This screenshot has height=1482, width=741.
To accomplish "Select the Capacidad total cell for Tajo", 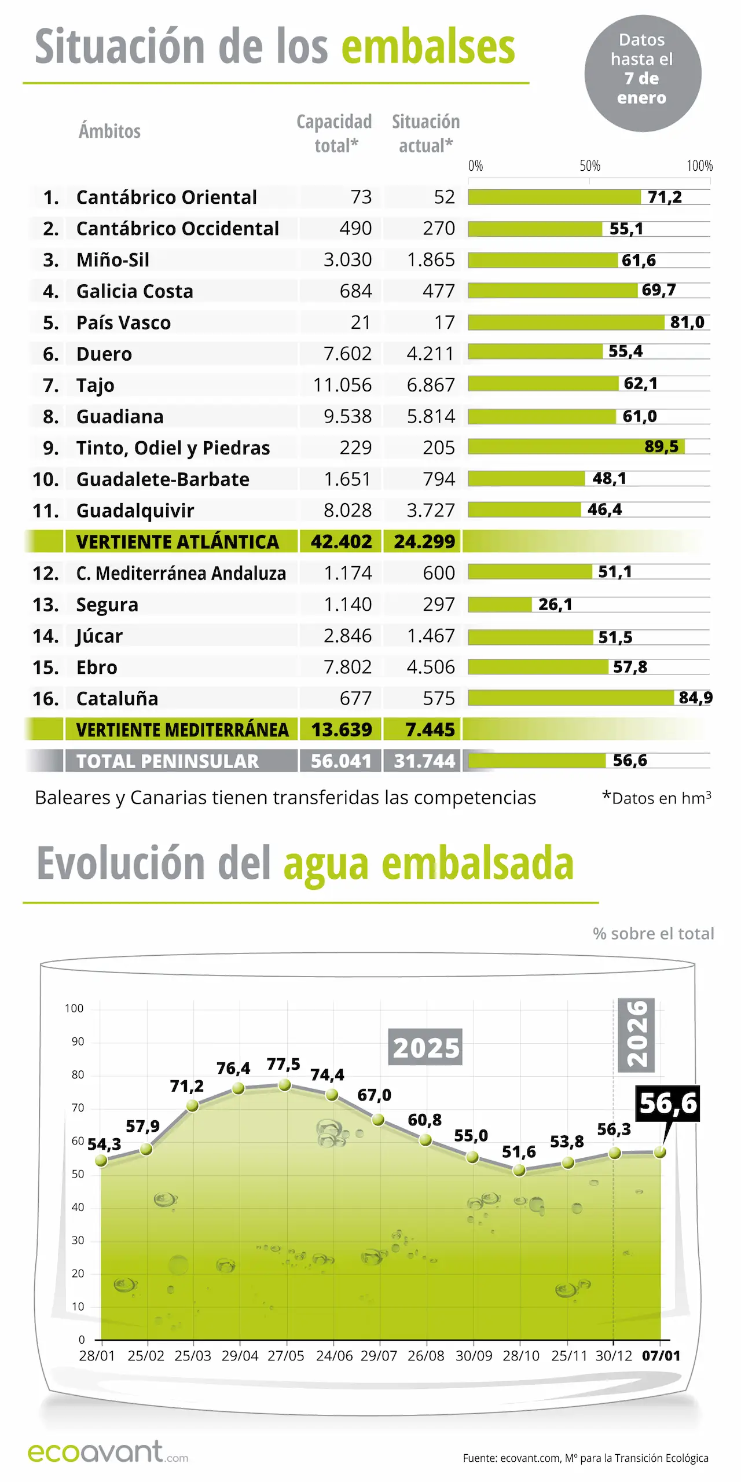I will coord(342,385).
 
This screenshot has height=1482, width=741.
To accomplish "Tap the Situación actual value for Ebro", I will coord(431,667).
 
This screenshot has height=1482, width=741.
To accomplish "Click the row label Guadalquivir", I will coord(135,511).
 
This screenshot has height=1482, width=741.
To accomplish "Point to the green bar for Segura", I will coord(500,604).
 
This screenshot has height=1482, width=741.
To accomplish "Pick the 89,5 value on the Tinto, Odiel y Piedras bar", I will coord(661,446).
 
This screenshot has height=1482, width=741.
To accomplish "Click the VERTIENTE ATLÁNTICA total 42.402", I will coord(341,542).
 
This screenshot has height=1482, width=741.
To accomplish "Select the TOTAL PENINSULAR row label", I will coord(167,761).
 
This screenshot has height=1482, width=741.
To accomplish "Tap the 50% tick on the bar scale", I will coord(589,166).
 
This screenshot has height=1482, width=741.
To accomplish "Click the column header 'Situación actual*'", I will coord(425,133).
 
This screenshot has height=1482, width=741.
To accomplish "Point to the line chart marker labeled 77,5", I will coord(284,1085).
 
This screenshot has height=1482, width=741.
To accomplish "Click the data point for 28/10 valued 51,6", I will coord(519,1171).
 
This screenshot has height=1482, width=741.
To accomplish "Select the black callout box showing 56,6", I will coord(667,1103).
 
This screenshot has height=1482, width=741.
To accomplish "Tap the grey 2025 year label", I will coord(425,1047).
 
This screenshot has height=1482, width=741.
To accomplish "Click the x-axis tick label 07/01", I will coord(661,1356).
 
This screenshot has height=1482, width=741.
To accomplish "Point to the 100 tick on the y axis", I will coord(74,1008).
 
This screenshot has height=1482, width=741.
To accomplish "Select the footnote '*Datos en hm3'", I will coord(656,798).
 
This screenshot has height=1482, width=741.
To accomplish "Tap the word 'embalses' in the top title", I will coord(428,47).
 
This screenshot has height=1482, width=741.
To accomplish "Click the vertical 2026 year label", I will coord(636,1034).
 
